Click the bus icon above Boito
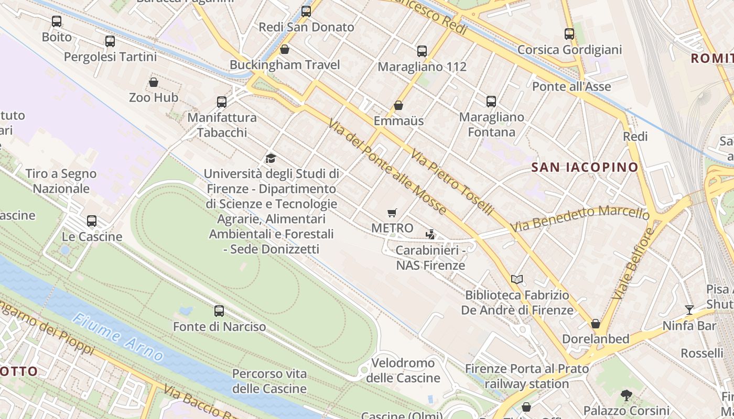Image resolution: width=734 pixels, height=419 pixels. pyautogui.click(x=56, y=21)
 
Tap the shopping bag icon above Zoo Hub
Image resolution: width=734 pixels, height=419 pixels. pyautogui.click(x=154, y=82)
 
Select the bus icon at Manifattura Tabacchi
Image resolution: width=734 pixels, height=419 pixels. pyautogui.click(x=222, y=102)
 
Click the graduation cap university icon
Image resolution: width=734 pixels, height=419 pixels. pyautogui.click(x=271, y=158)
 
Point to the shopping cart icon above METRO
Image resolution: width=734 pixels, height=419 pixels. pyautogui.click(x=392, y=213)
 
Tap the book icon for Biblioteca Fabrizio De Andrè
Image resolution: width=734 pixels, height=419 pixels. pyautogui.click(x=517, y=280)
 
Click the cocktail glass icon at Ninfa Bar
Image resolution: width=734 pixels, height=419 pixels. pyautogui.click(x=689, y=310)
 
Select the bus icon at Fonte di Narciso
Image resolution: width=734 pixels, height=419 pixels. pyautogui.click(x=219, y=311)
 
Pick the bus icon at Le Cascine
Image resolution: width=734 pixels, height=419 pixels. pyautogui.click(x=92, y=221)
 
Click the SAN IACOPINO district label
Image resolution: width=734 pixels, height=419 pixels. pyautogui.click(x=585, y=168)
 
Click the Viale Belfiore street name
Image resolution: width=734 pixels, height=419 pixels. pyautogui.click(x=633, y=263)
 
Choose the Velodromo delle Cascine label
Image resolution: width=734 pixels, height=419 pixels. pyautogui.click(x=403, y=370)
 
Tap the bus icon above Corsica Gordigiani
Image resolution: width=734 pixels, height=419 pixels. pyautogui.click(x=569, y=34)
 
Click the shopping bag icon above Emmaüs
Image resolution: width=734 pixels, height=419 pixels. pyautogui.click(x=398, y=105)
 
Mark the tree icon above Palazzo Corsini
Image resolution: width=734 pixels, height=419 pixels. pyautogui.click(x=626, y=395)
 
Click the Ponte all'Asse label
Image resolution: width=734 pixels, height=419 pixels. pyautogui.click(x=571, y=86)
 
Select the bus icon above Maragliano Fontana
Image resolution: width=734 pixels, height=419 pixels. pyautogui.click(x=491, y=102)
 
